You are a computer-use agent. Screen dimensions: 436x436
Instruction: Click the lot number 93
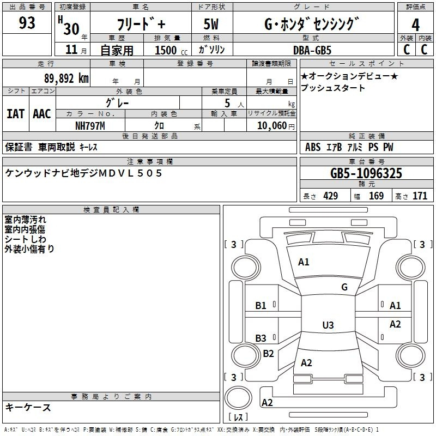click(27, 22)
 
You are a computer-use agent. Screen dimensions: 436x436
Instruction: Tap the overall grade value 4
click(415, 25)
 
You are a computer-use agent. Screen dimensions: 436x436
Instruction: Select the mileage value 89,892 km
click(66, 78)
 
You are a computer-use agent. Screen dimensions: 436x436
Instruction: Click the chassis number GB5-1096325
click(366, 173)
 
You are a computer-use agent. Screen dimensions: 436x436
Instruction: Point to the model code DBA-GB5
click(312, 50)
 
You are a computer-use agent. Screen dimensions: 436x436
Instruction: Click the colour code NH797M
click(90, 126)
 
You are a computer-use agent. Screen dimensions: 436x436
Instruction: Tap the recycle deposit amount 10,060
click(272, 126)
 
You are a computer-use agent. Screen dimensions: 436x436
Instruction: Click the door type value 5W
click(211, 24)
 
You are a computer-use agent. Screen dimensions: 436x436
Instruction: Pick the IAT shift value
click(16, 114)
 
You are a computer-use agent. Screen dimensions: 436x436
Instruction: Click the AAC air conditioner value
click(42, 114)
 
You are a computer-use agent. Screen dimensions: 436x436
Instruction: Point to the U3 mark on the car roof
click(328, 325)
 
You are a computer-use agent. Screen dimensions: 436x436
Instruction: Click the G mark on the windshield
click(344, 287)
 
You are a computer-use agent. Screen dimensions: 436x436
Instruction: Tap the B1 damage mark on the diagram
click(261, 306)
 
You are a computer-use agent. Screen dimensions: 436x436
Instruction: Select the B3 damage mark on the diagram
click(261, 338)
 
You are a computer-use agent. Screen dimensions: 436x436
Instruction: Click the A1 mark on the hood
click(304, 262)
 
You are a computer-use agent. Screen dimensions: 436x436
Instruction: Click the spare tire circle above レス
click(238, 397)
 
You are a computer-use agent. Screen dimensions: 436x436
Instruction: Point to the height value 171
click(420, 196)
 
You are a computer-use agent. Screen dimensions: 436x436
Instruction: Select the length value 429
click(331, 196)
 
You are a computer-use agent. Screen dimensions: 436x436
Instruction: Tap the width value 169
click(376, 196)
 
